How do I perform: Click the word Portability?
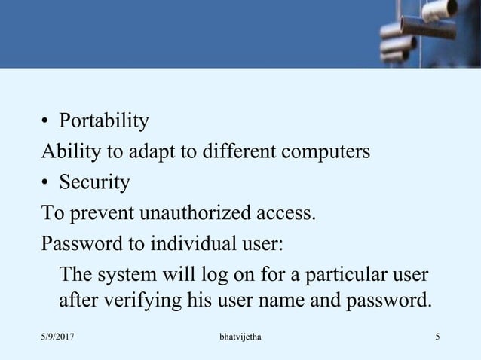(104, 121)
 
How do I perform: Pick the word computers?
(329, 153)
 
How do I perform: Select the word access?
(284, 214)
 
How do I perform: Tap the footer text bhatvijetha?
(239, 334)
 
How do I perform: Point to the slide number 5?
(437, 334)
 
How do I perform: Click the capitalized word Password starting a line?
(77, 245)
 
